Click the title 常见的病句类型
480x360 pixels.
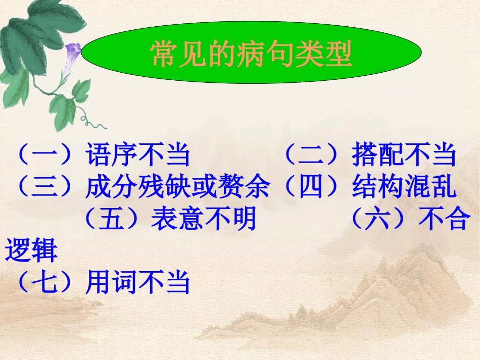coord(251,55)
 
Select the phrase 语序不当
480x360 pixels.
coord(138,155)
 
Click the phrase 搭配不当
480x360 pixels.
coord(404,155)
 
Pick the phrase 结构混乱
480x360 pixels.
coord(404,187)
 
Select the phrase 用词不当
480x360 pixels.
coord(138,283)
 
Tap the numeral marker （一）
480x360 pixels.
coord(45,155)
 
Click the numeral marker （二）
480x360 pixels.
coord(311,155)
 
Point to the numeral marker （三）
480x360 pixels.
coord(45,187)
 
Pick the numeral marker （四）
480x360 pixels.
coord(311,187)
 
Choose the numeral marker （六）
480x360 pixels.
coord(376,220)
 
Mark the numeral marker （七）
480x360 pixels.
coord(45,283)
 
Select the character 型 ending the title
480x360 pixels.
coord(339,55)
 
